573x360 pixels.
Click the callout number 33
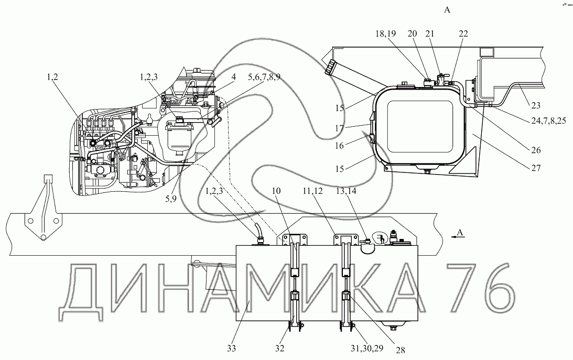tap(231, 348)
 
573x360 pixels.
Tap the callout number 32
tap(279, 348)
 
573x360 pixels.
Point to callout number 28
tap(401, 350)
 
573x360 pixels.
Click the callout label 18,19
tap(385, 34)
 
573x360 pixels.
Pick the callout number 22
tap(463, 34)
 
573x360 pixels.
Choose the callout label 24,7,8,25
tap(548, 120)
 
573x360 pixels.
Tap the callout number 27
tap(536, 168)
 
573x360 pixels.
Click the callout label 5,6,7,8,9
tap(264, 77)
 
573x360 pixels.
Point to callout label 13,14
tap(347, 191)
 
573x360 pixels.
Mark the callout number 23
tap(536, 105)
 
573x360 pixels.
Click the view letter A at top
tap(447, 10)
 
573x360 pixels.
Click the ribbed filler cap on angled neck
tap(331, 68)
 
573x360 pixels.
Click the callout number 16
tap(340, 146)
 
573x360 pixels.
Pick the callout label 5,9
tap(171, 198)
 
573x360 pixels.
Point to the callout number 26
tap(536, 150)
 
